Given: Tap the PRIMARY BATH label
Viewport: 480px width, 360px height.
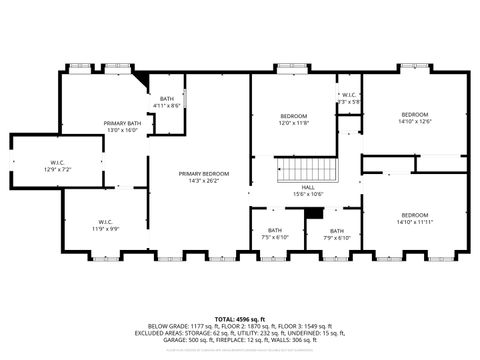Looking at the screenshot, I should [120, 123].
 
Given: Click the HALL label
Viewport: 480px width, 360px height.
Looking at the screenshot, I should [308, 187].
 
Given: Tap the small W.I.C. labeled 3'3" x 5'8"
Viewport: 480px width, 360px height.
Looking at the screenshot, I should [346, 98].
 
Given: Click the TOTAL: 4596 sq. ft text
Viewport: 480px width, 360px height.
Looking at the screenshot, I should [240, 318].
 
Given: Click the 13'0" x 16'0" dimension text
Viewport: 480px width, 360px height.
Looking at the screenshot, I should [120, 130].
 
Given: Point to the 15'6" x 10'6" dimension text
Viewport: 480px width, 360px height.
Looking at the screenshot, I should [308, 194].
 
